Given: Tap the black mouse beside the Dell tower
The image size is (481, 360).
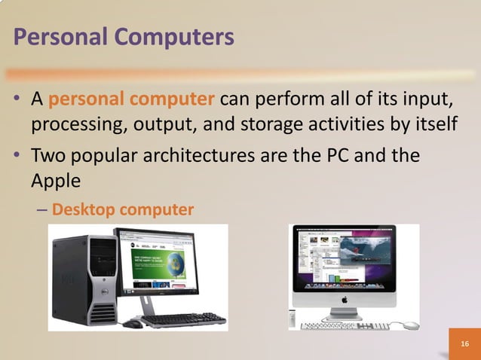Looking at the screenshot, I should [x=133, y=324].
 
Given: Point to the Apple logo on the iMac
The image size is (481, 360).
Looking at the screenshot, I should [x=344, y=298].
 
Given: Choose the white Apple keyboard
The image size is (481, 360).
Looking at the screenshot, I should [x=344, y=326].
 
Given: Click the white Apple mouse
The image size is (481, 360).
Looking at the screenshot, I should [x=410, y=325].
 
